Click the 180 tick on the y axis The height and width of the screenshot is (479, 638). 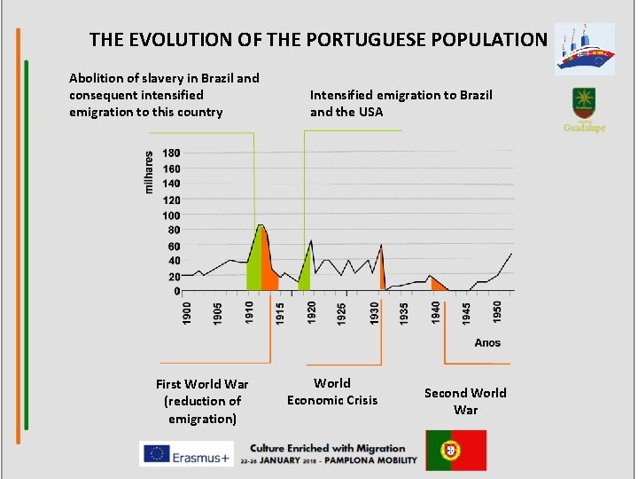tap(171, 153)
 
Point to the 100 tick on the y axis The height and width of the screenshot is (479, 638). tap(171, 216)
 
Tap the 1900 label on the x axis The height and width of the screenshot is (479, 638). tap(187, 312)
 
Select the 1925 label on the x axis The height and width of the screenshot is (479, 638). tap(342, 312)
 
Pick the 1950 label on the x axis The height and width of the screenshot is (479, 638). tap(497, 312)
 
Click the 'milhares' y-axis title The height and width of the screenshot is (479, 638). tap(149, 171)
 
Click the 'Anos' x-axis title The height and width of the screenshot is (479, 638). tap(487, 342)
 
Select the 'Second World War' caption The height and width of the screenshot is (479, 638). tap(465, 401)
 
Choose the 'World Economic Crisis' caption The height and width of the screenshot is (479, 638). tap(332, 392)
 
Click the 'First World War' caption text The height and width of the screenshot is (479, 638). tap(202, 384)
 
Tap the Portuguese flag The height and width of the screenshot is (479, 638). tap(455, 450)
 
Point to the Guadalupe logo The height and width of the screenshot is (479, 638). tap(584, 110)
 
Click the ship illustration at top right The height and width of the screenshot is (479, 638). tap(584, 50)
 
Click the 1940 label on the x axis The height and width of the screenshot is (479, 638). tap(435, 312)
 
